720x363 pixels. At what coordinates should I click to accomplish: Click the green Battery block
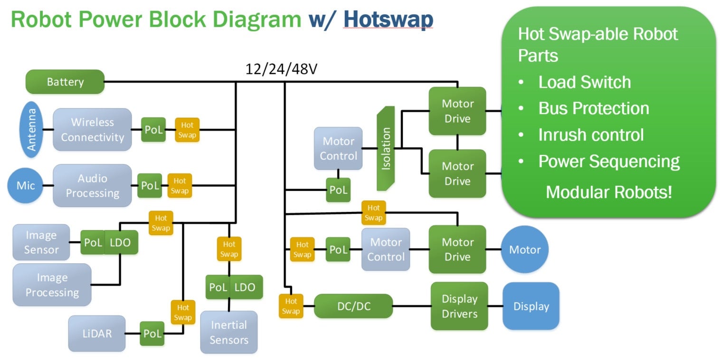[x=65, y=82]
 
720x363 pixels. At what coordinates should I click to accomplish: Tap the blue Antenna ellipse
[x=31, y=130]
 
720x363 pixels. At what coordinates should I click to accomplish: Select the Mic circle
[x=26, y=185]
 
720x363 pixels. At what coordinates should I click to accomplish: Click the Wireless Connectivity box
[x=92, y=130]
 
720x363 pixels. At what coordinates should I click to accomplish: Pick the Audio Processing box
[x=92, y=186]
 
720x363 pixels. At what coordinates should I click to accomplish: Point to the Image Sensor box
[x=41, y=242]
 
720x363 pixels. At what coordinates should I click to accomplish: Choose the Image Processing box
[x=52, y=285]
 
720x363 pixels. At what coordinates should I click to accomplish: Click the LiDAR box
[x=97, y=334]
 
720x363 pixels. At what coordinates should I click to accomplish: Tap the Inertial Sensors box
[x=229, y=332]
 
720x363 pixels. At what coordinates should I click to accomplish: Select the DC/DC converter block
[x=353, y=306]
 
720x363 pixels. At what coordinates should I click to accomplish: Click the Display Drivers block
[x=459, y=306]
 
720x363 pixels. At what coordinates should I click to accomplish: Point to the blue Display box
[x=531, y=306]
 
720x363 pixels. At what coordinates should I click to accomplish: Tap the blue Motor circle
[x=525, y=249]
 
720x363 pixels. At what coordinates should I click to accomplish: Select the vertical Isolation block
[x=386, y=148]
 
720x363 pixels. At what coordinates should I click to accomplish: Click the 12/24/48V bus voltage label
[x=281, y=69]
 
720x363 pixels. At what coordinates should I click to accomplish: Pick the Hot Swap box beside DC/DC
[x=291, y=306]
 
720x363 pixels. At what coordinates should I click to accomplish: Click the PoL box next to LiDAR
[x=152, y=334]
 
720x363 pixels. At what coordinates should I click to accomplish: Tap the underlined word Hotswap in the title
[x=388, y=20]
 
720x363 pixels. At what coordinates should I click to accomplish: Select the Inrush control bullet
[x=591, y=135]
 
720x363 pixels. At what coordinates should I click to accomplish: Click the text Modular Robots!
[x=609, y=192]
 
